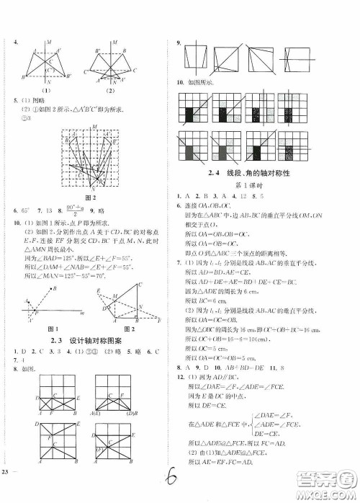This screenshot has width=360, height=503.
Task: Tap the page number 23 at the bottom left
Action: (7, 491)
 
